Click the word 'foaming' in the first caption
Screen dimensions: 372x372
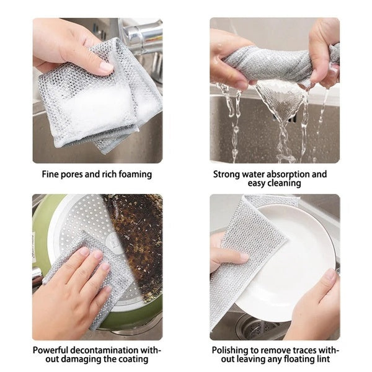click(134, 175)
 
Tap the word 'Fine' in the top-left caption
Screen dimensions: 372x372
click(51, 175)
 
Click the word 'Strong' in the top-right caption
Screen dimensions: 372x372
click(227, 175)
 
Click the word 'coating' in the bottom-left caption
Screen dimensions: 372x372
click(133, 360)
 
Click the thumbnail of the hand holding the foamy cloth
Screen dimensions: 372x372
click(97, 91)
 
